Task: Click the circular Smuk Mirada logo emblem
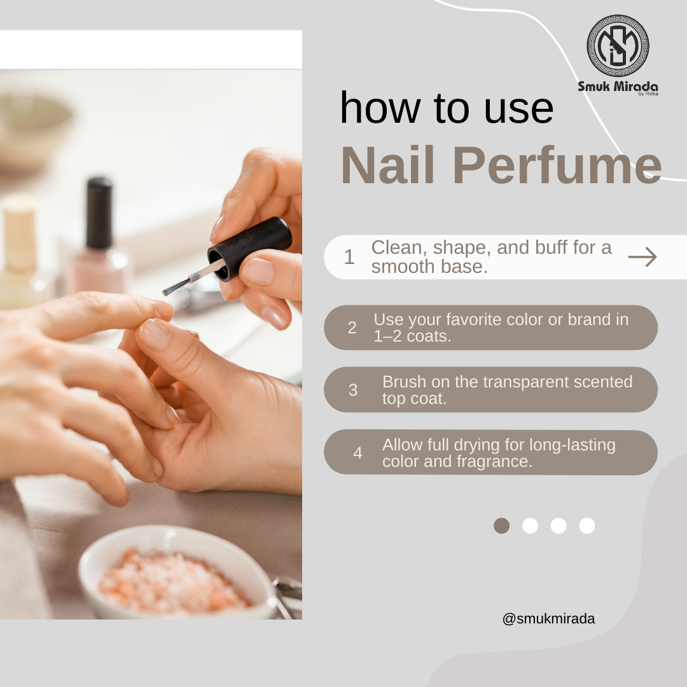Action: (x=618, y=46)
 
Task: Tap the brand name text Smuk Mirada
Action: (x=618, y=87)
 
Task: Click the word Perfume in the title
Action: (x=557, y=165)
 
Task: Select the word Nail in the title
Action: (x=388, y=165)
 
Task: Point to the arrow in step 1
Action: (x=642, y=257)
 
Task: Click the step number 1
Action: (x=349, y=257)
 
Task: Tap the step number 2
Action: (x=352, y=328)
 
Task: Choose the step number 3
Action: (x=352, y=390)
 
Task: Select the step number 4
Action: (x=357, y=453)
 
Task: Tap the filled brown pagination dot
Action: (x=502, y=526)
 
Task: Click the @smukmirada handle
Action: (x=548, y=619)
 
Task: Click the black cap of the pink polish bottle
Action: (x=99, y=213)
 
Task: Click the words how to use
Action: (x=447, y=108)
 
